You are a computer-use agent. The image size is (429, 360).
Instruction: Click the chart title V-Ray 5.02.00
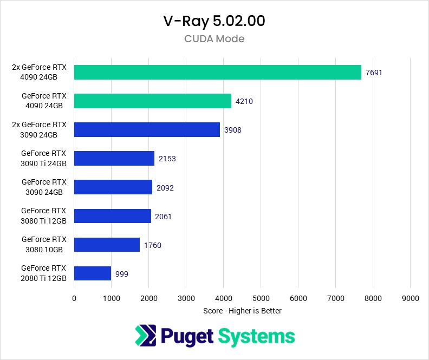214,21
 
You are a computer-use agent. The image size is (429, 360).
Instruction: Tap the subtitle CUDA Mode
214,39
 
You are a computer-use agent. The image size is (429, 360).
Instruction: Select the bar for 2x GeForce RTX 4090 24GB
217,73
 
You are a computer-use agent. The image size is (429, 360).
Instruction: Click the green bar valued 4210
152,101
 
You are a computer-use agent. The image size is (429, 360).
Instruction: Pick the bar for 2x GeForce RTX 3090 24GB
147,129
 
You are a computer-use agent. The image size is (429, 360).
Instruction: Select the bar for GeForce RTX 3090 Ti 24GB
114,159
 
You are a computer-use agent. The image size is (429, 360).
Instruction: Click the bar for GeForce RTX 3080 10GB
107,245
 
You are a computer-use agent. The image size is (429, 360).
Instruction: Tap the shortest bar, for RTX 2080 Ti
92,273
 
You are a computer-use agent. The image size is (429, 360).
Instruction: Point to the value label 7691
374,73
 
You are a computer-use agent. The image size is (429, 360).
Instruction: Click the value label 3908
233,130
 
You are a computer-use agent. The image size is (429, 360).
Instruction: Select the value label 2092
165,187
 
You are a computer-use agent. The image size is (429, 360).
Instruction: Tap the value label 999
122,273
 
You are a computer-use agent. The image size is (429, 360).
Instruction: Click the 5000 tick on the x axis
261,298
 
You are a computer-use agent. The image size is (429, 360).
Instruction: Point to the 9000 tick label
411,298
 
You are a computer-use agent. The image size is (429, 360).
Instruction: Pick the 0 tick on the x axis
74,298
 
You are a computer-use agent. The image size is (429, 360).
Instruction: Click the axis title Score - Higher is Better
242,311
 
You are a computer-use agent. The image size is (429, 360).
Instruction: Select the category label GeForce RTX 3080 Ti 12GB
43,215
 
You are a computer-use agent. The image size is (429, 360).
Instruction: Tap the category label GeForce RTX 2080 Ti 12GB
43,273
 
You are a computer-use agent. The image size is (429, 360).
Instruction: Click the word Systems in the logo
256,336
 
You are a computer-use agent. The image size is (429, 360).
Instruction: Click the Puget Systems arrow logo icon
145,336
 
